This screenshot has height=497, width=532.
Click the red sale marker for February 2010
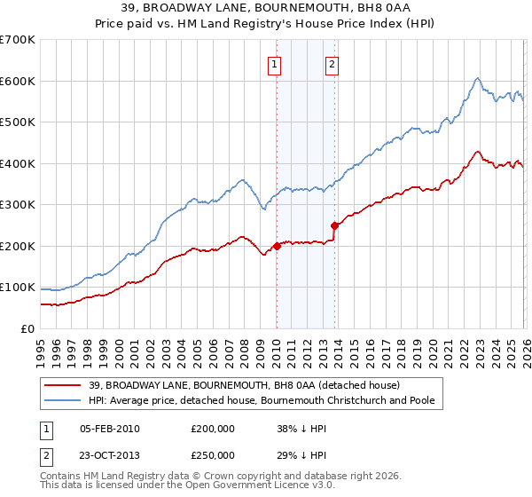pyautogui.click(x=277, y=246)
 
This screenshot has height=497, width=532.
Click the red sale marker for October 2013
pyautogui.click(x=334, y=225)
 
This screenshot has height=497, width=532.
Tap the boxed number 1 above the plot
pyautogui.click(x=275, y=64)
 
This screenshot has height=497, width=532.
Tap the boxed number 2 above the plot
pyautogui.click(x=332, y=64)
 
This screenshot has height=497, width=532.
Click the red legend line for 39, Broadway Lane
pyautogui.click(x=62, y=385)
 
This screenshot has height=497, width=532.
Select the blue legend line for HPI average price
pyautogui.click(x=62, y=400)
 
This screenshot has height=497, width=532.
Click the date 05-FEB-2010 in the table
pyautogui.click(x=109, y=428)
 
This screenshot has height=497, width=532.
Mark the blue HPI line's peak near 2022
pyautogui.click(x=477, y=78)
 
